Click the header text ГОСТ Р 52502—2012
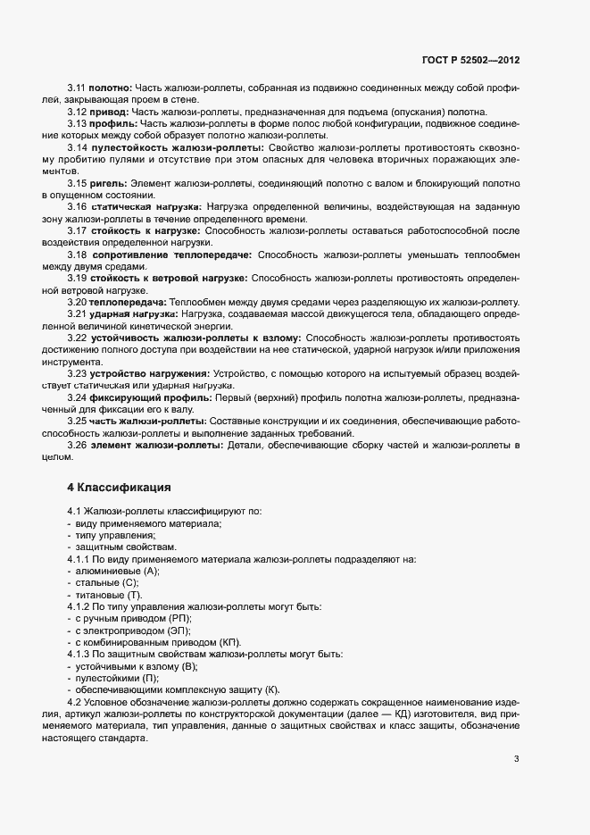pos(470,60)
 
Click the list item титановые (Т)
pos(109,595)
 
